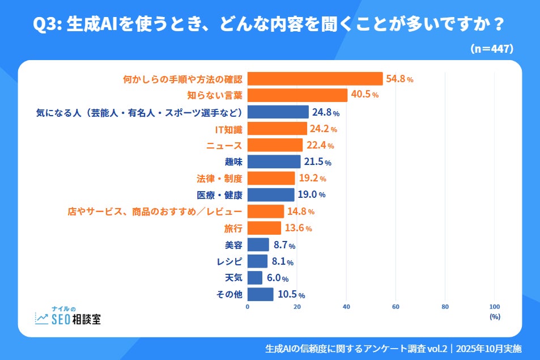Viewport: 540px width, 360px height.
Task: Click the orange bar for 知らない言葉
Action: pyautogui.click(x=297, y=95)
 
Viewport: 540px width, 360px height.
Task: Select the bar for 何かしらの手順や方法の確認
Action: pyautogui.click(x=315, y=79)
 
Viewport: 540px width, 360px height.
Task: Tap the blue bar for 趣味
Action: pyautogui.click(x=274, y=162)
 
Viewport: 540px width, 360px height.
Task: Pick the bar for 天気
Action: pyautogui.click(x=255, y=278)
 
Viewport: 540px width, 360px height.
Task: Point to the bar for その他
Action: pyautogui.click(x=260, y=294)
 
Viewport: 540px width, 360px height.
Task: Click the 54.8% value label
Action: pyautogui.click(x=399, y=79)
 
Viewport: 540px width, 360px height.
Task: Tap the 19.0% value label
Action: pyautogui.click(x=311, y=195)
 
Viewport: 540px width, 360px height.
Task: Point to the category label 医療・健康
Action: pyautogui.click(x=219, y=195)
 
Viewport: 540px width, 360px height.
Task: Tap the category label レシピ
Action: pyautogui.click(x=230, y=261)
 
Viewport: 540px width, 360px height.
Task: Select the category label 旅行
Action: pyautogui.click(x=233, y=228)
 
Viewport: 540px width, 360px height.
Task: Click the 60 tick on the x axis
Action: pyautogui.click(x=396, y=307)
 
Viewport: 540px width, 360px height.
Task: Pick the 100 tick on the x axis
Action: pyautogui.click(x=494, y=307)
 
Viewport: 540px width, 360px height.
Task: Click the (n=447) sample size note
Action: pyautogui.click(x=491, y=49)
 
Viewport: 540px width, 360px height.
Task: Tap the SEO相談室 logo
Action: pyautogui.click(x=68, y=315)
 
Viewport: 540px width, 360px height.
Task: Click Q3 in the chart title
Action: pyautogui.click(x=46, y=25)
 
